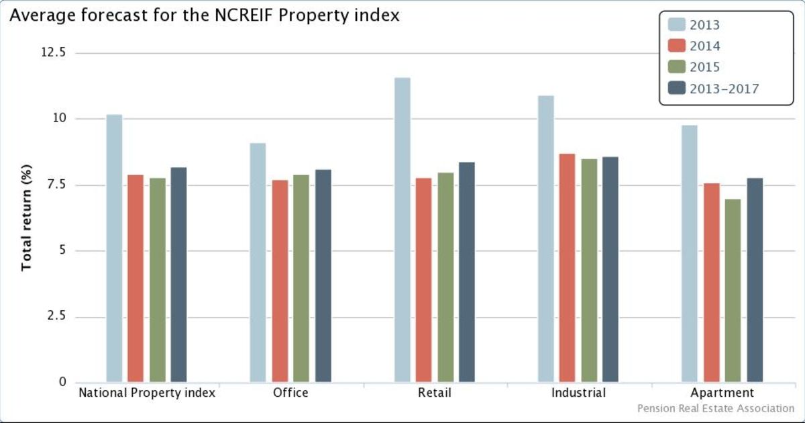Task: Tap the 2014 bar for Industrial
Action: pos(568,269)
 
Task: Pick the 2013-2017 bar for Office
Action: pos(323,276)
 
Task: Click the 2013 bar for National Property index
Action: pos(114,248)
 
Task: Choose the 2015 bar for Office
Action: pos(301,279)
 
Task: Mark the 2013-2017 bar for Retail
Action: pos(467,272)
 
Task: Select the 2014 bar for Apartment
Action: pos(712,283)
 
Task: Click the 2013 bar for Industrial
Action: pos(546,239)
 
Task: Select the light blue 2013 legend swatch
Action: pos(678,25)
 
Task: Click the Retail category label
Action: pos(435,393)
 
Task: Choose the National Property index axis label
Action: pos(147,393)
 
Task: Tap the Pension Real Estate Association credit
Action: pos(716,408)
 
